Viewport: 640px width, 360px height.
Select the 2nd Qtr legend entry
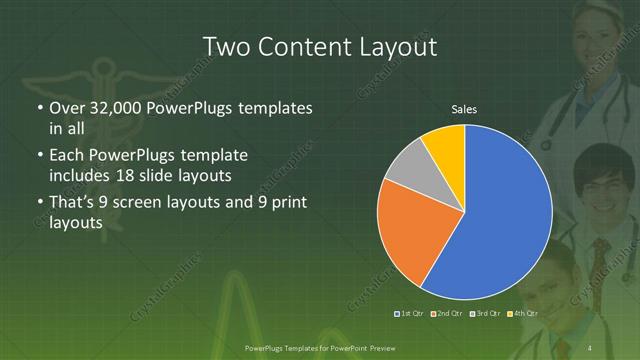(x=447, y=314)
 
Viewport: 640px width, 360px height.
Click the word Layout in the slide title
(x=397, y=46)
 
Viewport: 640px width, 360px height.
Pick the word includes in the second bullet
(x=82, y=175)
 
